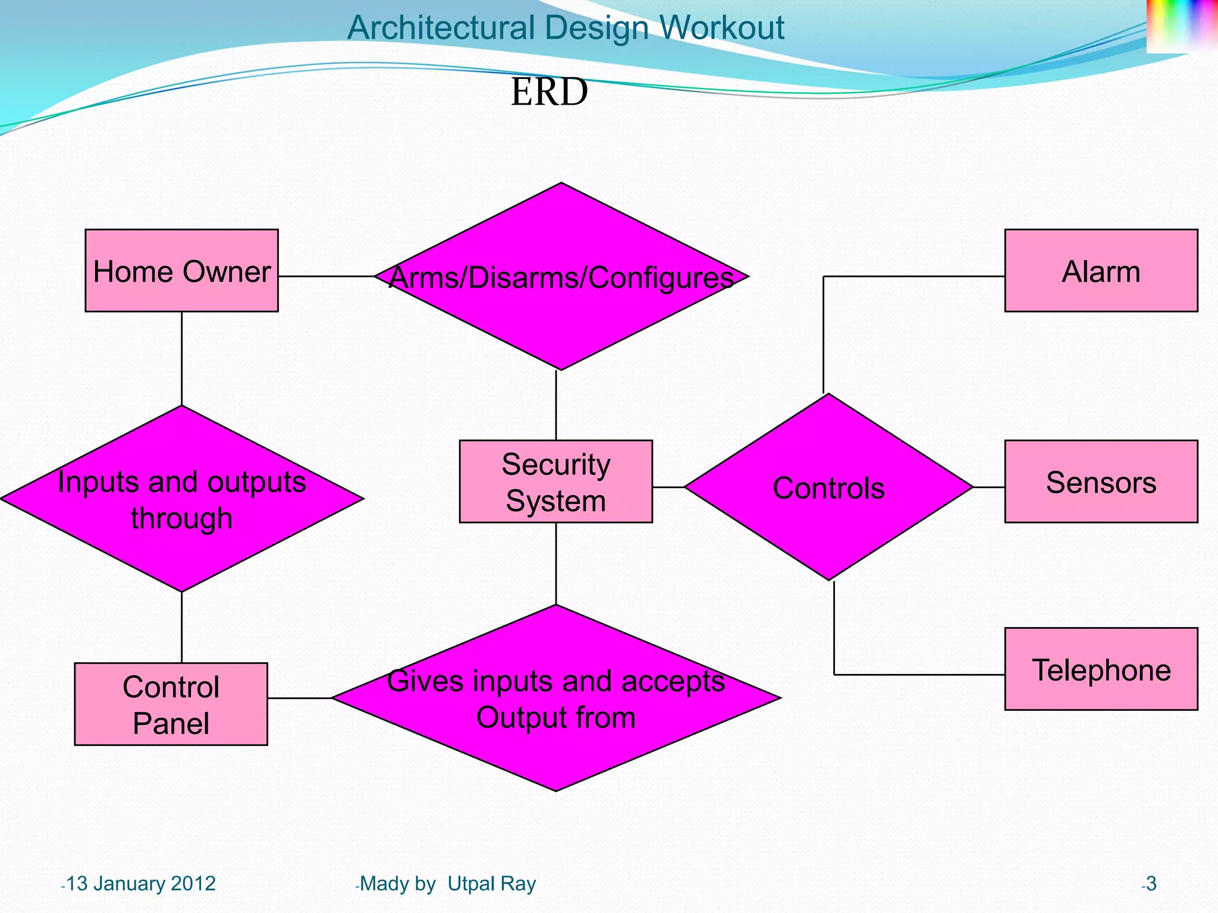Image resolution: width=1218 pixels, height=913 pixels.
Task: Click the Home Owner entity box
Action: coord(181,270)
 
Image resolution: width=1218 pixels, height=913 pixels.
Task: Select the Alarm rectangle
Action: coord(1101,270)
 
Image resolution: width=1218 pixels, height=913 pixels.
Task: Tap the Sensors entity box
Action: coord(1101,481)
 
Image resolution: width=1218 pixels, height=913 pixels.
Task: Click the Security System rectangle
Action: coord(555,481)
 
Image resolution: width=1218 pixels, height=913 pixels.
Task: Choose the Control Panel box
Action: coord(171,704)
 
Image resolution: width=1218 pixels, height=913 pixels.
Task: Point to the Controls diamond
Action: coord(828,487)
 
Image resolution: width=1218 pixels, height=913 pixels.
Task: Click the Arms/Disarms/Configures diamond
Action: coord(561,277)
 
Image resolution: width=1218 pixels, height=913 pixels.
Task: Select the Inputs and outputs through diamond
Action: coord(181,499)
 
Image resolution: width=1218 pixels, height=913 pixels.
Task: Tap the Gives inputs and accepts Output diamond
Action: coord(555,698)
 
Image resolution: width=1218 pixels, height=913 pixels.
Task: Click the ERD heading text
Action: coord(549,92)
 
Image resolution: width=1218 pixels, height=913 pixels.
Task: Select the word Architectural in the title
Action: coord(441,28)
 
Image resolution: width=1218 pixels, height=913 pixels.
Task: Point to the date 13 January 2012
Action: coord(140,884)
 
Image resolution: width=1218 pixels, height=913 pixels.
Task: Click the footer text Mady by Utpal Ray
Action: coord(447,884)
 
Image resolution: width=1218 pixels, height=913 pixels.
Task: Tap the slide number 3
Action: coord(1151,884)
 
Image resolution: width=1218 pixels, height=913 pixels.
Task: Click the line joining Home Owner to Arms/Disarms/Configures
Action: coord(326,276)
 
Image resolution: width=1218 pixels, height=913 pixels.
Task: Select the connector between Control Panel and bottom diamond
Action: coord(299,698)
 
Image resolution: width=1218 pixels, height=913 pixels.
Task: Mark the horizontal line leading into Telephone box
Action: coord(919,675)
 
